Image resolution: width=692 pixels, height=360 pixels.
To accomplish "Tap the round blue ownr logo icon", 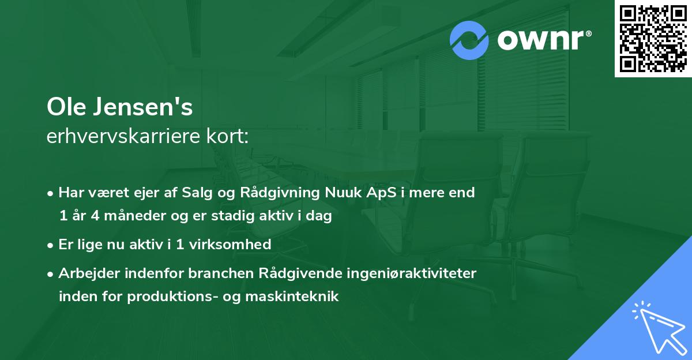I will (469, 40).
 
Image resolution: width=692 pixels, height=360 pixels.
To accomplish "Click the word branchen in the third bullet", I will (195, 273).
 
